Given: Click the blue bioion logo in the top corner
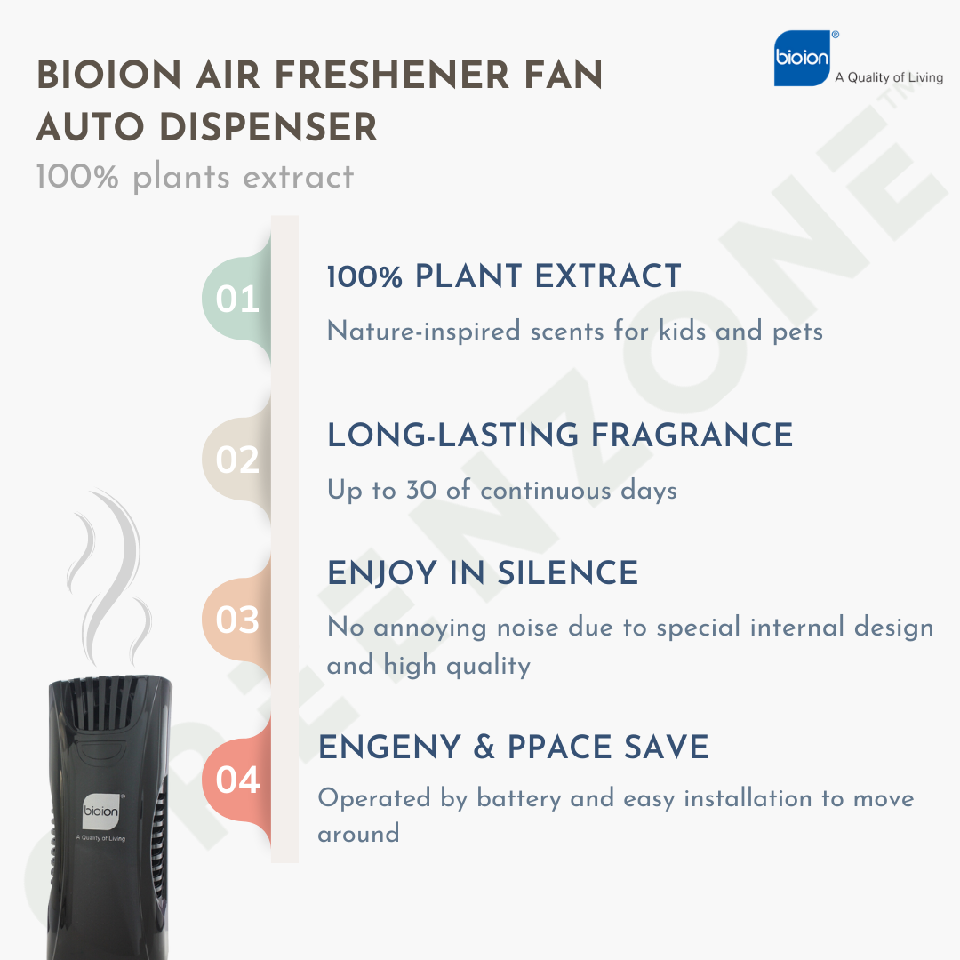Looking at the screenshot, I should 802,58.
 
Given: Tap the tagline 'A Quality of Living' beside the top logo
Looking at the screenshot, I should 889,77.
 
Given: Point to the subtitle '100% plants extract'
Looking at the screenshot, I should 195,177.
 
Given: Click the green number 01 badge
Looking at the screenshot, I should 237,300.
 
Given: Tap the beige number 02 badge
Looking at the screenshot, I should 237,460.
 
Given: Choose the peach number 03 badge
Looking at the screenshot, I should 237,620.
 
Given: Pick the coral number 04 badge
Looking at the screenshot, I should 237,780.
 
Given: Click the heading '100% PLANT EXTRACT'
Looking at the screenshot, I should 504,276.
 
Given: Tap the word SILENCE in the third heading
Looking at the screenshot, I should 567,573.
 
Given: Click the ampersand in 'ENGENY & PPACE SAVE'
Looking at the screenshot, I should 484,748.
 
